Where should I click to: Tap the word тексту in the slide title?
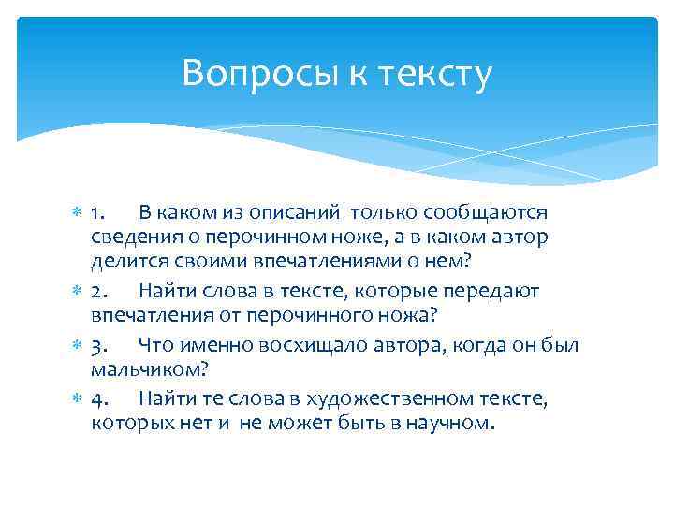click(x=433, y=73)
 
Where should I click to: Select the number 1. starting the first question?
click(x=100, y=214)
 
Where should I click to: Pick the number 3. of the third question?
click(x=101, y=346)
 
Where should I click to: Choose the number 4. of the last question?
click(x=101, y=398)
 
